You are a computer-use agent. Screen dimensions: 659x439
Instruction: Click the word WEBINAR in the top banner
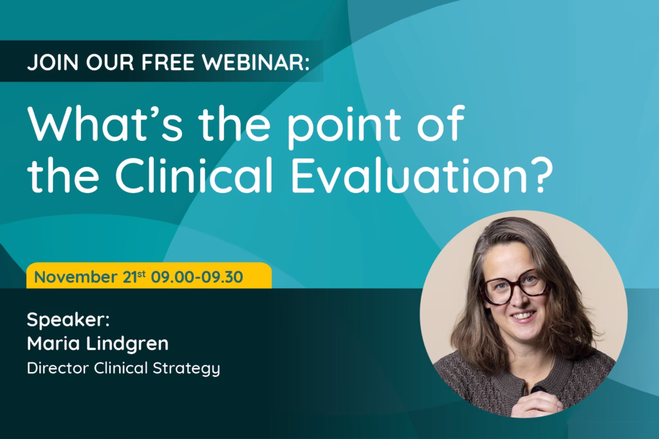point(255,62)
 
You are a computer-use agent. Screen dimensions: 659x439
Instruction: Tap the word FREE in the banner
point(168,62)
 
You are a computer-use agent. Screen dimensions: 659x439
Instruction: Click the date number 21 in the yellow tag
point(129,277)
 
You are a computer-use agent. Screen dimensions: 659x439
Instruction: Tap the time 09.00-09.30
point(197,277)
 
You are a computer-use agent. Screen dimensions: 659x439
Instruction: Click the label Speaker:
point(68,320)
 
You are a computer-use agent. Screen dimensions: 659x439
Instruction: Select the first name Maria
point(53,344)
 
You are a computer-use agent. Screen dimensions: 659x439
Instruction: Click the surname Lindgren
point(127,344)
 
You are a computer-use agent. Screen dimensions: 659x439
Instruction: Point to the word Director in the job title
point(58,368)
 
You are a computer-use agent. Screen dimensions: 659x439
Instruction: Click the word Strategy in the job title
point(186,369)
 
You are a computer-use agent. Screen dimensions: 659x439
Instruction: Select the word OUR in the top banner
point(110,62)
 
